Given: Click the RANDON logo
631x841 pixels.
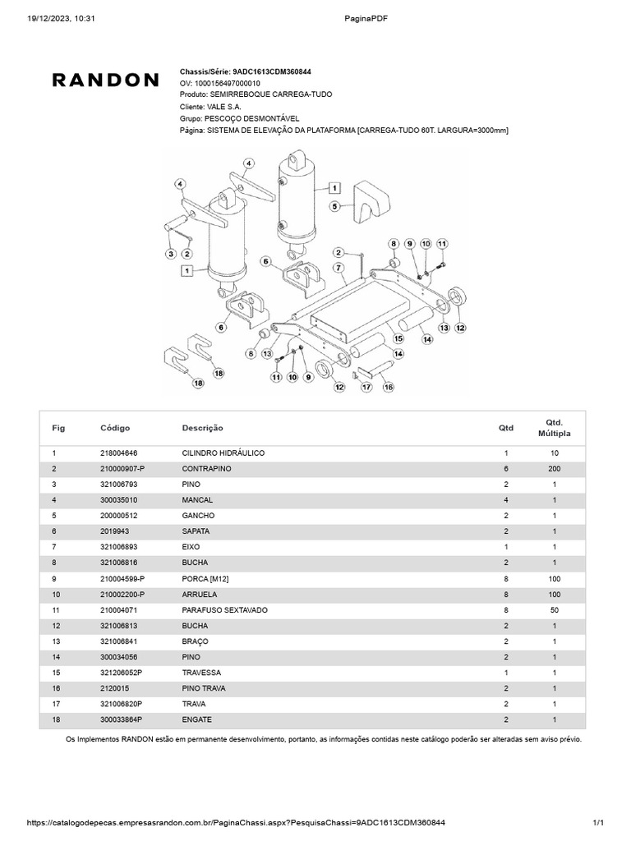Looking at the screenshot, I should click(106, 80).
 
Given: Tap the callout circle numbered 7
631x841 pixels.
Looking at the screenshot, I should click(339, 268).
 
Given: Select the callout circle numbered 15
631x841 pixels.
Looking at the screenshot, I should click(398, 338).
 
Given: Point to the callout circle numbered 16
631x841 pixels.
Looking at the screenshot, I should click(389, 386).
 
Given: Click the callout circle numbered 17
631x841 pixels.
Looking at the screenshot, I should click(367, 386).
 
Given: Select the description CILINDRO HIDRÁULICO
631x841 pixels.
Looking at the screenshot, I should click(223, 453).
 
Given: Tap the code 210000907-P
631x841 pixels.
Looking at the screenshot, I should click(122, 468).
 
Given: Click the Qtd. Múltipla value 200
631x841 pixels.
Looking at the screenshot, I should click(554, 468).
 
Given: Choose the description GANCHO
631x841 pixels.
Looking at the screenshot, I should click(198, 515).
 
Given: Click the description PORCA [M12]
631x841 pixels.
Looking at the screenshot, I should click(205, 579).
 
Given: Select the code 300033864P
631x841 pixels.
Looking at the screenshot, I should click(121, 719).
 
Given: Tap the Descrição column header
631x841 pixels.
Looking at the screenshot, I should click(202, 428).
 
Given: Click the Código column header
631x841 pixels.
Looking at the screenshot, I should click(115, 428).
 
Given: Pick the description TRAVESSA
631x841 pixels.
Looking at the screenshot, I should click(202, 673).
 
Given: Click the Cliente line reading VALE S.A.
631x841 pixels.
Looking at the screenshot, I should click(210, 107).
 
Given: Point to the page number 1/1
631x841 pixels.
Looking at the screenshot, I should click(598, 822).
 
